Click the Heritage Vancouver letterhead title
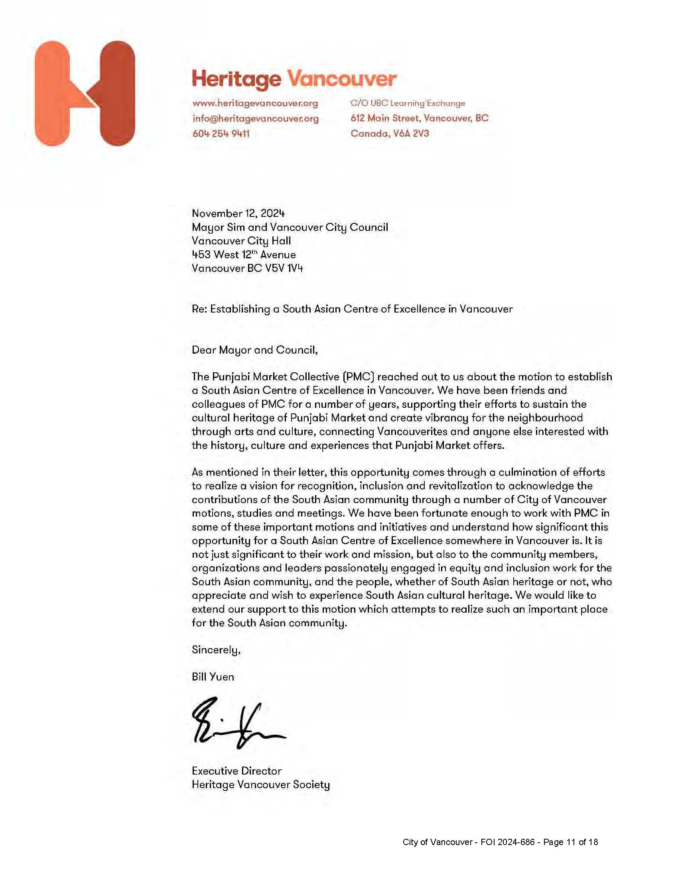[x=294, y=78]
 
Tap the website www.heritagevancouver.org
[x=255, y=103]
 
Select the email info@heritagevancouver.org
[x=256, y=118]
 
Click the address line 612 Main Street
[x=419, y=118]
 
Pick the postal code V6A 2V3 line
[x=390, y=133]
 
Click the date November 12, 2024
[x=238, y=213]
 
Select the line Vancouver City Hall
[x=241, y=241]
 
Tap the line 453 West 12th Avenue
[x=243, y=255]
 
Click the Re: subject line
[x=352, y=309]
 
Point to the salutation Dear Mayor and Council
[x=255, y=350]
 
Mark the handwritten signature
[x=237, y=723]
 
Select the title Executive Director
[x=237, y=771]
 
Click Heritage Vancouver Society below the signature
[x=261, y=784]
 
